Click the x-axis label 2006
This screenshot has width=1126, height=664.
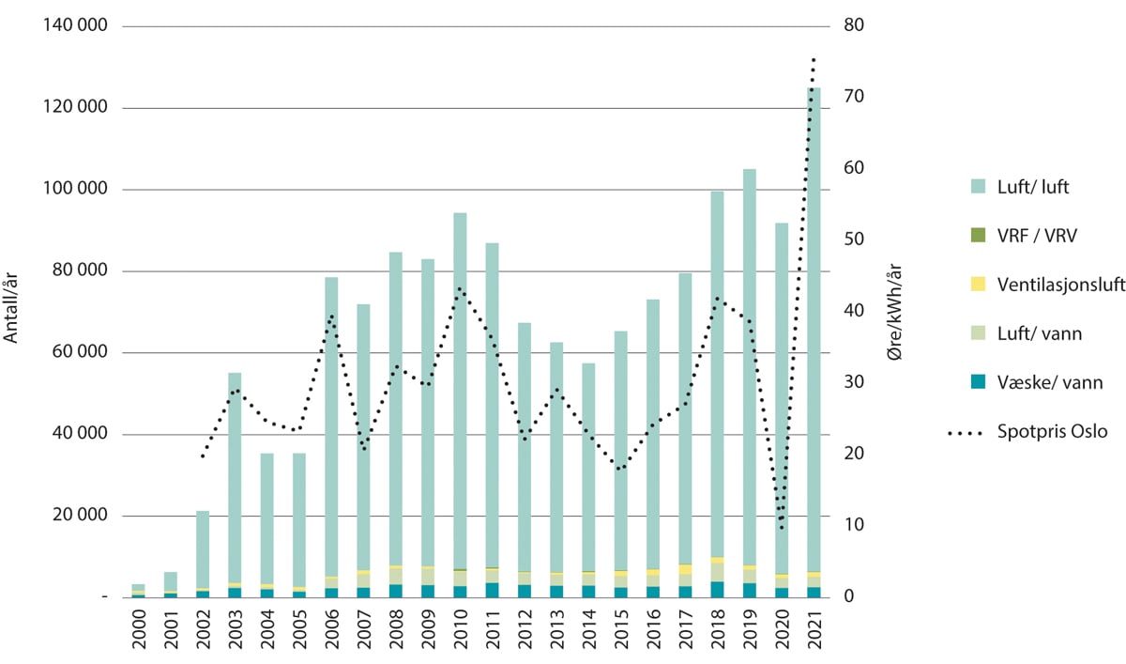tap(331, 631)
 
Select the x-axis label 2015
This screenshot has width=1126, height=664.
tap(619, 631)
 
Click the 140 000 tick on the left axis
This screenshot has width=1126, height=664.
tap(73, 26)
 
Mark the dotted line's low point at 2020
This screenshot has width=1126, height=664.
tap(781, 526)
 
